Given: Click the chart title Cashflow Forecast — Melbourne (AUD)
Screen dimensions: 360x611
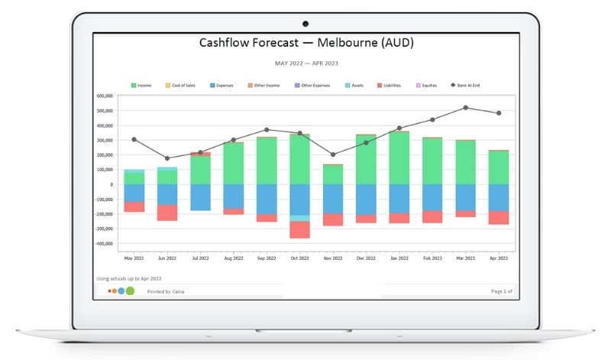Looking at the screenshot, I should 305,44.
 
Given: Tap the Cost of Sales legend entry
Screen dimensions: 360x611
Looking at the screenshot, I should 183,86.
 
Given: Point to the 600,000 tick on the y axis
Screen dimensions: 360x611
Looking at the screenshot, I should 105,96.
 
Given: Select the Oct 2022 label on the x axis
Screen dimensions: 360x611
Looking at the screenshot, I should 300,258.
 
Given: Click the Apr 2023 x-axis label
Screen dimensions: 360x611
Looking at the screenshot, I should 499,258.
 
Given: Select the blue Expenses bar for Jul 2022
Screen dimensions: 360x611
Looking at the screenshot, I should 201,197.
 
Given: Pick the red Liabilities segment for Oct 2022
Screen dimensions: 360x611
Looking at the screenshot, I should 300,229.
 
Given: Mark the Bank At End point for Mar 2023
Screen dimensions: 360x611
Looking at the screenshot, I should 466,108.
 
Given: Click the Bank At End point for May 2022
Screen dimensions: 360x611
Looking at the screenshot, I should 134,140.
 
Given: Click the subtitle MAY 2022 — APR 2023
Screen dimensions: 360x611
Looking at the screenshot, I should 305,63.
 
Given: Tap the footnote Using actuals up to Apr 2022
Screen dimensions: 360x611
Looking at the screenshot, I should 129,279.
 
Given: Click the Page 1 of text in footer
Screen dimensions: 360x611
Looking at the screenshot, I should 501,291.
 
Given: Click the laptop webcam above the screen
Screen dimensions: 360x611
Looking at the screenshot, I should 305,24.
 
